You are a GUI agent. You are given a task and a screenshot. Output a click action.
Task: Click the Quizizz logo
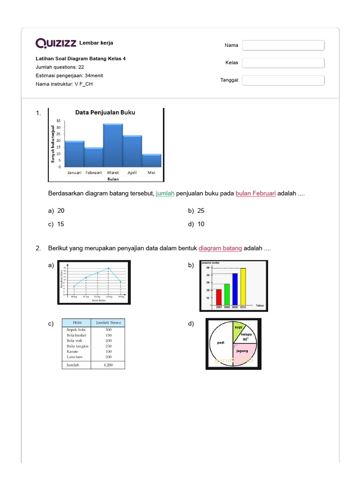[x=56, y=44]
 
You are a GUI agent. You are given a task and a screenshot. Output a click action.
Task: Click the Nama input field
[x=283, y=45]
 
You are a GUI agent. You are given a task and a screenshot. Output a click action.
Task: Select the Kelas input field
[x=283, y=63]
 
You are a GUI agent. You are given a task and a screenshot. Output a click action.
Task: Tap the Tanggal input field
[x=283, y=80]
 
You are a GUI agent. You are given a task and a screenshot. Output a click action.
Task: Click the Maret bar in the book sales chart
[x=113, y=145]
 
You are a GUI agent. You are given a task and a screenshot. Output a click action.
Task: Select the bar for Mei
[x=151, y=160]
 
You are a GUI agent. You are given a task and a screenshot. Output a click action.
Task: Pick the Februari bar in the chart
[x=94, y=157]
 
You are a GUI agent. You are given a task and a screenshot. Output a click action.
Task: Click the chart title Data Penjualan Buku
[x=105, y=112]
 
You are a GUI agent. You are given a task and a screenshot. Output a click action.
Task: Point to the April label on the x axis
[x=132, y=172]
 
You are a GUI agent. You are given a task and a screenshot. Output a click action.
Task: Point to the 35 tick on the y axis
[x=59, y=121]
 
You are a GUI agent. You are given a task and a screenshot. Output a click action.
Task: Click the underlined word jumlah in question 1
[x=165, y=194]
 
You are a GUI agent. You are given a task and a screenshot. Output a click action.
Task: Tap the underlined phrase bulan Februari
[x=255, y=194]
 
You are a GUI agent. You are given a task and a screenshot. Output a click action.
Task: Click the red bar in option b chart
[x=219, y=296]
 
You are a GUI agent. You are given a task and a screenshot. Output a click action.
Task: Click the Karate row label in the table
[x=72, y=351]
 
